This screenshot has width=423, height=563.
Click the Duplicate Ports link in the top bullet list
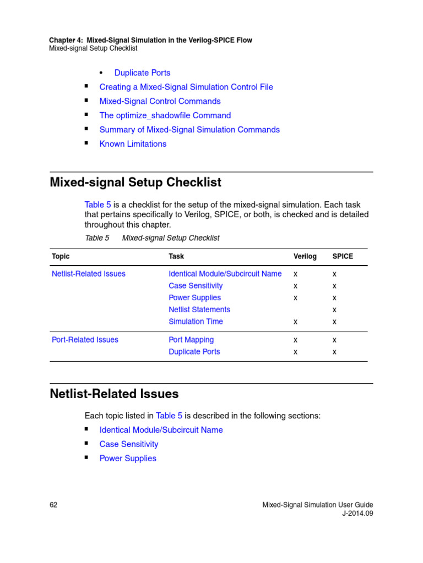point(142,73)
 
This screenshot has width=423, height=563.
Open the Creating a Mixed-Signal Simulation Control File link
point(186,87)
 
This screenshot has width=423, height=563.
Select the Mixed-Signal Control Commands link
point(160,101)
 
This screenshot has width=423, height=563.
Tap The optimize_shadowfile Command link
point(165,115)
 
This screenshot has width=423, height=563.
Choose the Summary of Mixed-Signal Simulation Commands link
point(189,130)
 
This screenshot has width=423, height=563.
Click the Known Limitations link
point(133,144)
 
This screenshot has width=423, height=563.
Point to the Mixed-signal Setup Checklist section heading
point(135,182)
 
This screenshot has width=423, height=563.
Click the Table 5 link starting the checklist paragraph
point(97,205)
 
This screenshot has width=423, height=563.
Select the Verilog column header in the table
point(305,256)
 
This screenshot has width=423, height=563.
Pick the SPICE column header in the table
point(343,256)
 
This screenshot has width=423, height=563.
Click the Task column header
point(176,256)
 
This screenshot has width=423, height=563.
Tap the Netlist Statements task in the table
point(199,310)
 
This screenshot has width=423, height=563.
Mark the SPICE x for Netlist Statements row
point(334,310)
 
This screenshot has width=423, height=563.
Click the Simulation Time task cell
point(196,322)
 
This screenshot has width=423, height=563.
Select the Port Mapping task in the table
point(191,340)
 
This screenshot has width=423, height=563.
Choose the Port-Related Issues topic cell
point(85,340)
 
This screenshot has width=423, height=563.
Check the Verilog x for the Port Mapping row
point(296,340)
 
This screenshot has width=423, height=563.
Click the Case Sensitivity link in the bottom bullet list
point(128,444)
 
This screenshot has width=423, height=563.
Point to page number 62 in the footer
point(53,505)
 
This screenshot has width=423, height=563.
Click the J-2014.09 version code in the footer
point(357,514)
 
